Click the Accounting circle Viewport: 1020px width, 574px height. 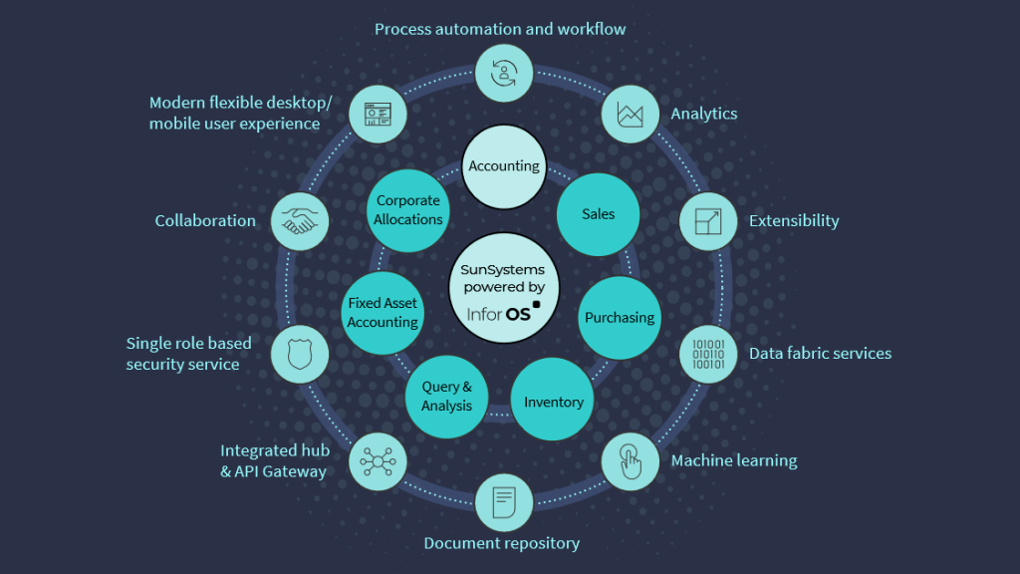click(504, 166)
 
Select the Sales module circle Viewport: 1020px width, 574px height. click(598, 214)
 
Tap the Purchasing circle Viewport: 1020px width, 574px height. click(620, 318)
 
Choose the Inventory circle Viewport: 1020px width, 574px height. click(553, 402)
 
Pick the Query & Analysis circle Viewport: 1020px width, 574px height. click(446, 396)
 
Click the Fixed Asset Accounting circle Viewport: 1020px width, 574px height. click(382, 313)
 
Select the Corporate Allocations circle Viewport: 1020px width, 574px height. click(408, 210)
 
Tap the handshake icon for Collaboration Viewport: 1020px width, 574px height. click(300, 221)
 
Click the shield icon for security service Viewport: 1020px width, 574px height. click(300, 354)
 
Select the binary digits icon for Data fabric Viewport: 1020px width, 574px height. click(708, 354)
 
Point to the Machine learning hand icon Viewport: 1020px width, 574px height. click(631, 461)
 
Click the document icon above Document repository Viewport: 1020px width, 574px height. click(504, 501)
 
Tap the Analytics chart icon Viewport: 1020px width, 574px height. click(631, 114)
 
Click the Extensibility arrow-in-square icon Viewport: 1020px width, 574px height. click(708, 221)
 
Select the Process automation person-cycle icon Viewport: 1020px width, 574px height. click(504, 72)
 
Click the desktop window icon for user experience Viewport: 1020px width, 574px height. click(378, 114)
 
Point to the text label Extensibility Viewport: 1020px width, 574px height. click(794, 221)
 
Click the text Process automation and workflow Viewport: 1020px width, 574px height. click(500, 29)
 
